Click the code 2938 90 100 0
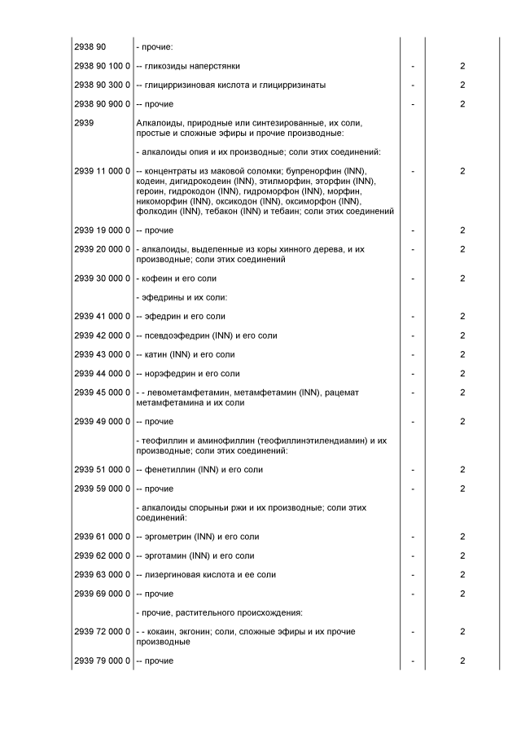pyautogui.click(x=102, y=66)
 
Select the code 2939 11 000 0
pyautogui.click(x=102, y=171)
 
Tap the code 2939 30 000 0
pyautogui.click(x=102, y=279)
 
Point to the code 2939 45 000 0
pyautogui.click(x=102, y=393)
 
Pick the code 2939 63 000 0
pyautogui.click(x=102, y=575)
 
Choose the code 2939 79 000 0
pyautogui.click(x=102, y=660)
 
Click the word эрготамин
pyautogui.click(x=165, y=556)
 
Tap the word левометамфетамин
pyautogui.click(x=185, y=393)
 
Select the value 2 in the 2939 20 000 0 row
pyautogui.click(x=462, y=248)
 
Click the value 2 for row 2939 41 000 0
pyautogui.click(x=462, y=317)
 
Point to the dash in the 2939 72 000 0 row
pyautogui.click(x=413, y=632)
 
